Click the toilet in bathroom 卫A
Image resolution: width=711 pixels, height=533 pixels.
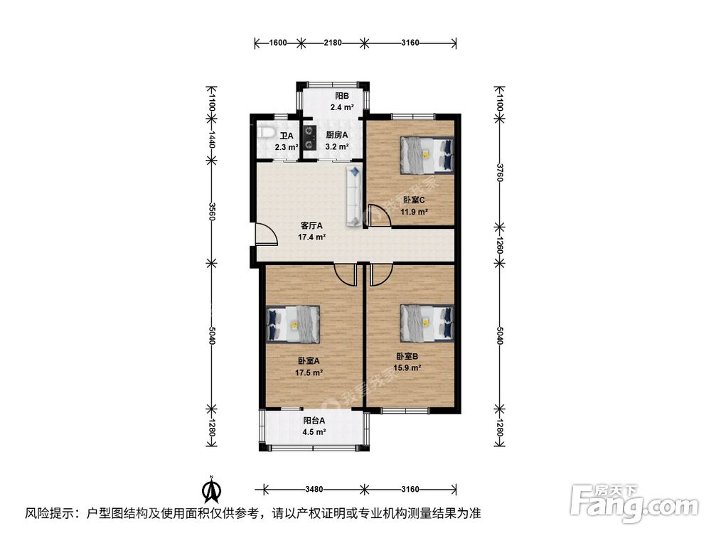[265, 132]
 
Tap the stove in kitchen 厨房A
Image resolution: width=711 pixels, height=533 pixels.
[309, 137]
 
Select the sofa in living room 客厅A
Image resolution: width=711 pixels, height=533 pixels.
[354, 195]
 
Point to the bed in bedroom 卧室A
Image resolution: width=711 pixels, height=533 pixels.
[293, 323]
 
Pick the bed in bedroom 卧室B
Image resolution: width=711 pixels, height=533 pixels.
[427, 321]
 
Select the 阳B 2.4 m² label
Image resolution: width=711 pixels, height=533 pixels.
[342, 102]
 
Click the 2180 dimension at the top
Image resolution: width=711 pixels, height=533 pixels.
[332, 43]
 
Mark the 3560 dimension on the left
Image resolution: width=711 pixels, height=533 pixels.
[212, 213]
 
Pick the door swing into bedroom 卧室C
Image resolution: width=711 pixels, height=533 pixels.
[379, 215]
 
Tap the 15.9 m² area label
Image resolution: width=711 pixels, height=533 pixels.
[407, 367]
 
